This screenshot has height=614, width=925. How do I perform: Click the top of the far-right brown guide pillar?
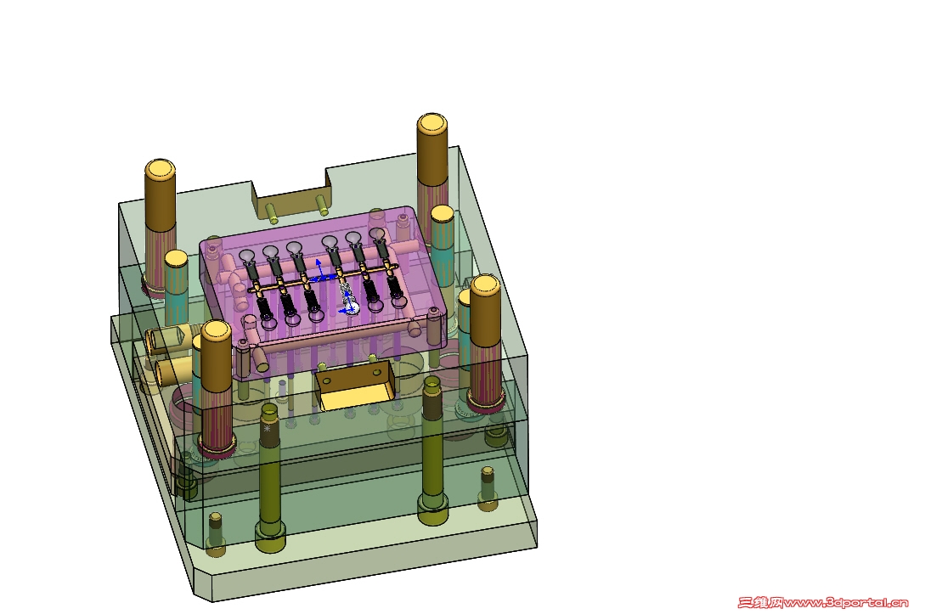coord(485,284)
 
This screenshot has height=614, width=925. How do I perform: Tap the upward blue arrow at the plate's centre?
coord(319,267)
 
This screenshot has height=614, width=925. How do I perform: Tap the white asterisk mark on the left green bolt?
coord(268,430)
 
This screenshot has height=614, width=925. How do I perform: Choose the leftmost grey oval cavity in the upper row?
coord(248,255)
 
